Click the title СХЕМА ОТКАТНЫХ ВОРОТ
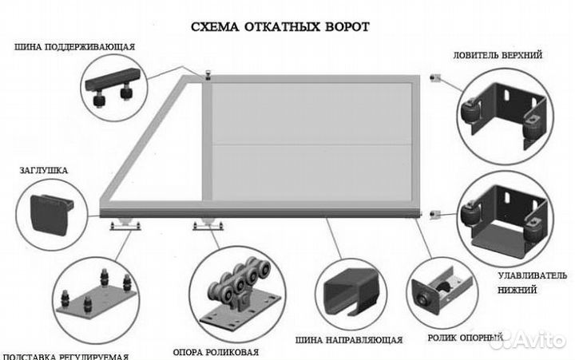point(280,26)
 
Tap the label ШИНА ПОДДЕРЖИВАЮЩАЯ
point(74,47)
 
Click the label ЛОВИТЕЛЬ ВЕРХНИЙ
point(499,56)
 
